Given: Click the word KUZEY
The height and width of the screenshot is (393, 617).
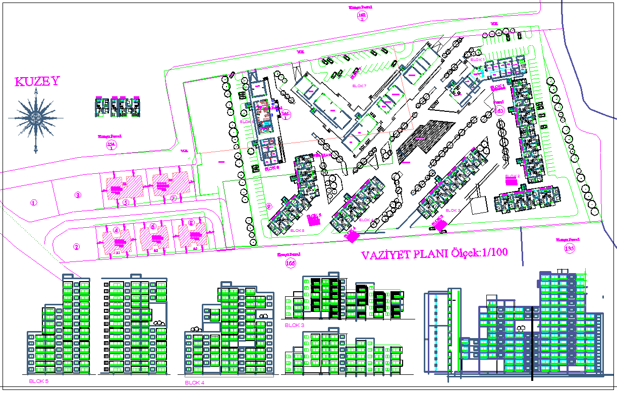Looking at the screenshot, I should point(37,82).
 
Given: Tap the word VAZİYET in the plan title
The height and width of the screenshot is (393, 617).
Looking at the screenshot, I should point(385,255).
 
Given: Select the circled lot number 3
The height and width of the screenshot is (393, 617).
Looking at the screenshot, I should point(78,195).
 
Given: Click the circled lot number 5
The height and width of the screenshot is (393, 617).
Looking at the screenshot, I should point(126,203).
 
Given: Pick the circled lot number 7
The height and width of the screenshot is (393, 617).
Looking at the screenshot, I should point(173,199).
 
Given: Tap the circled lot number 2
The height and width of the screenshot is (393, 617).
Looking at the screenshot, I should point(76,247).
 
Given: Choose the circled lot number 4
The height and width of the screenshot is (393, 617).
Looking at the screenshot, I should point(117,230).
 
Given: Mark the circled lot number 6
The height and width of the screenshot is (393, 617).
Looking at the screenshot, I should point(153,227).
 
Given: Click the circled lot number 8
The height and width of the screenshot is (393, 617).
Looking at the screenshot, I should point(191,223).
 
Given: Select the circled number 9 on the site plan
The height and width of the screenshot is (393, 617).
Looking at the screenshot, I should point(269,206).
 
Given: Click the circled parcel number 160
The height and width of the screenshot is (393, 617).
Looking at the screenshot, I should point(290,263).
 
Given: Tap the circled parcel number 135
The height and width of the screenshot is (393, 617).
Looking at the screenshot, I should point(570,248).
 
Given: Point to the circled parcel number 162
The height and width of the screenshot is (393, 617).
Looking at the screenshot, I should point(362,16).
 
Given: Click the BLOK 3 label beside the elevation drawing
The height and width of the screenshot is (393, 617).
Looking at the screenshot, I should point(295,325).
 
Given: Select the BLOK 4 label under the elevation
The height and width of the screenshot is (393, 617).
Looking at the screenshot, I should point(194,383).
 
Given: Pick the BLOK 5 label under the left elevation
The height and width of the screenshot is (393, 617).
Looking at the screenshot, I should point(39,381).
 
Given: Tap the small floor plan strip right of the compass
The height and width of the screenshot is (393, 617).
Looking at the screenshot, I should point(117,106).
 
